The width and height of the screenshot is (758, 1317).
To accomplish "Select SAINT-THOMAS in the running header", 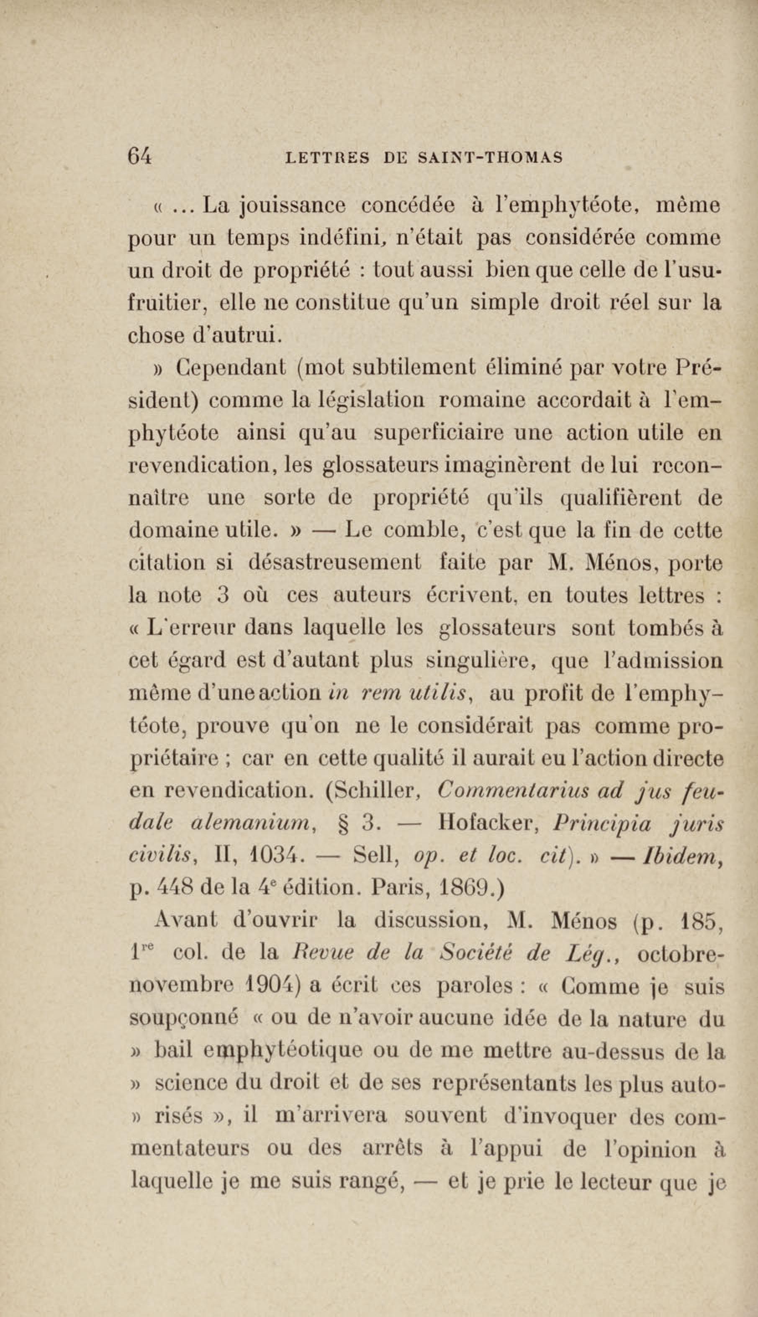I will coord(491,157).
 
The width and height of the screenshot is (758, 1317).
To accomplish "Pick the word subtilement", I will coord(414,367).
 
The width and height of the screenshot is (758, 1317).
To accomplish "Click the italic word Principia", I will coord(602,824).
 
